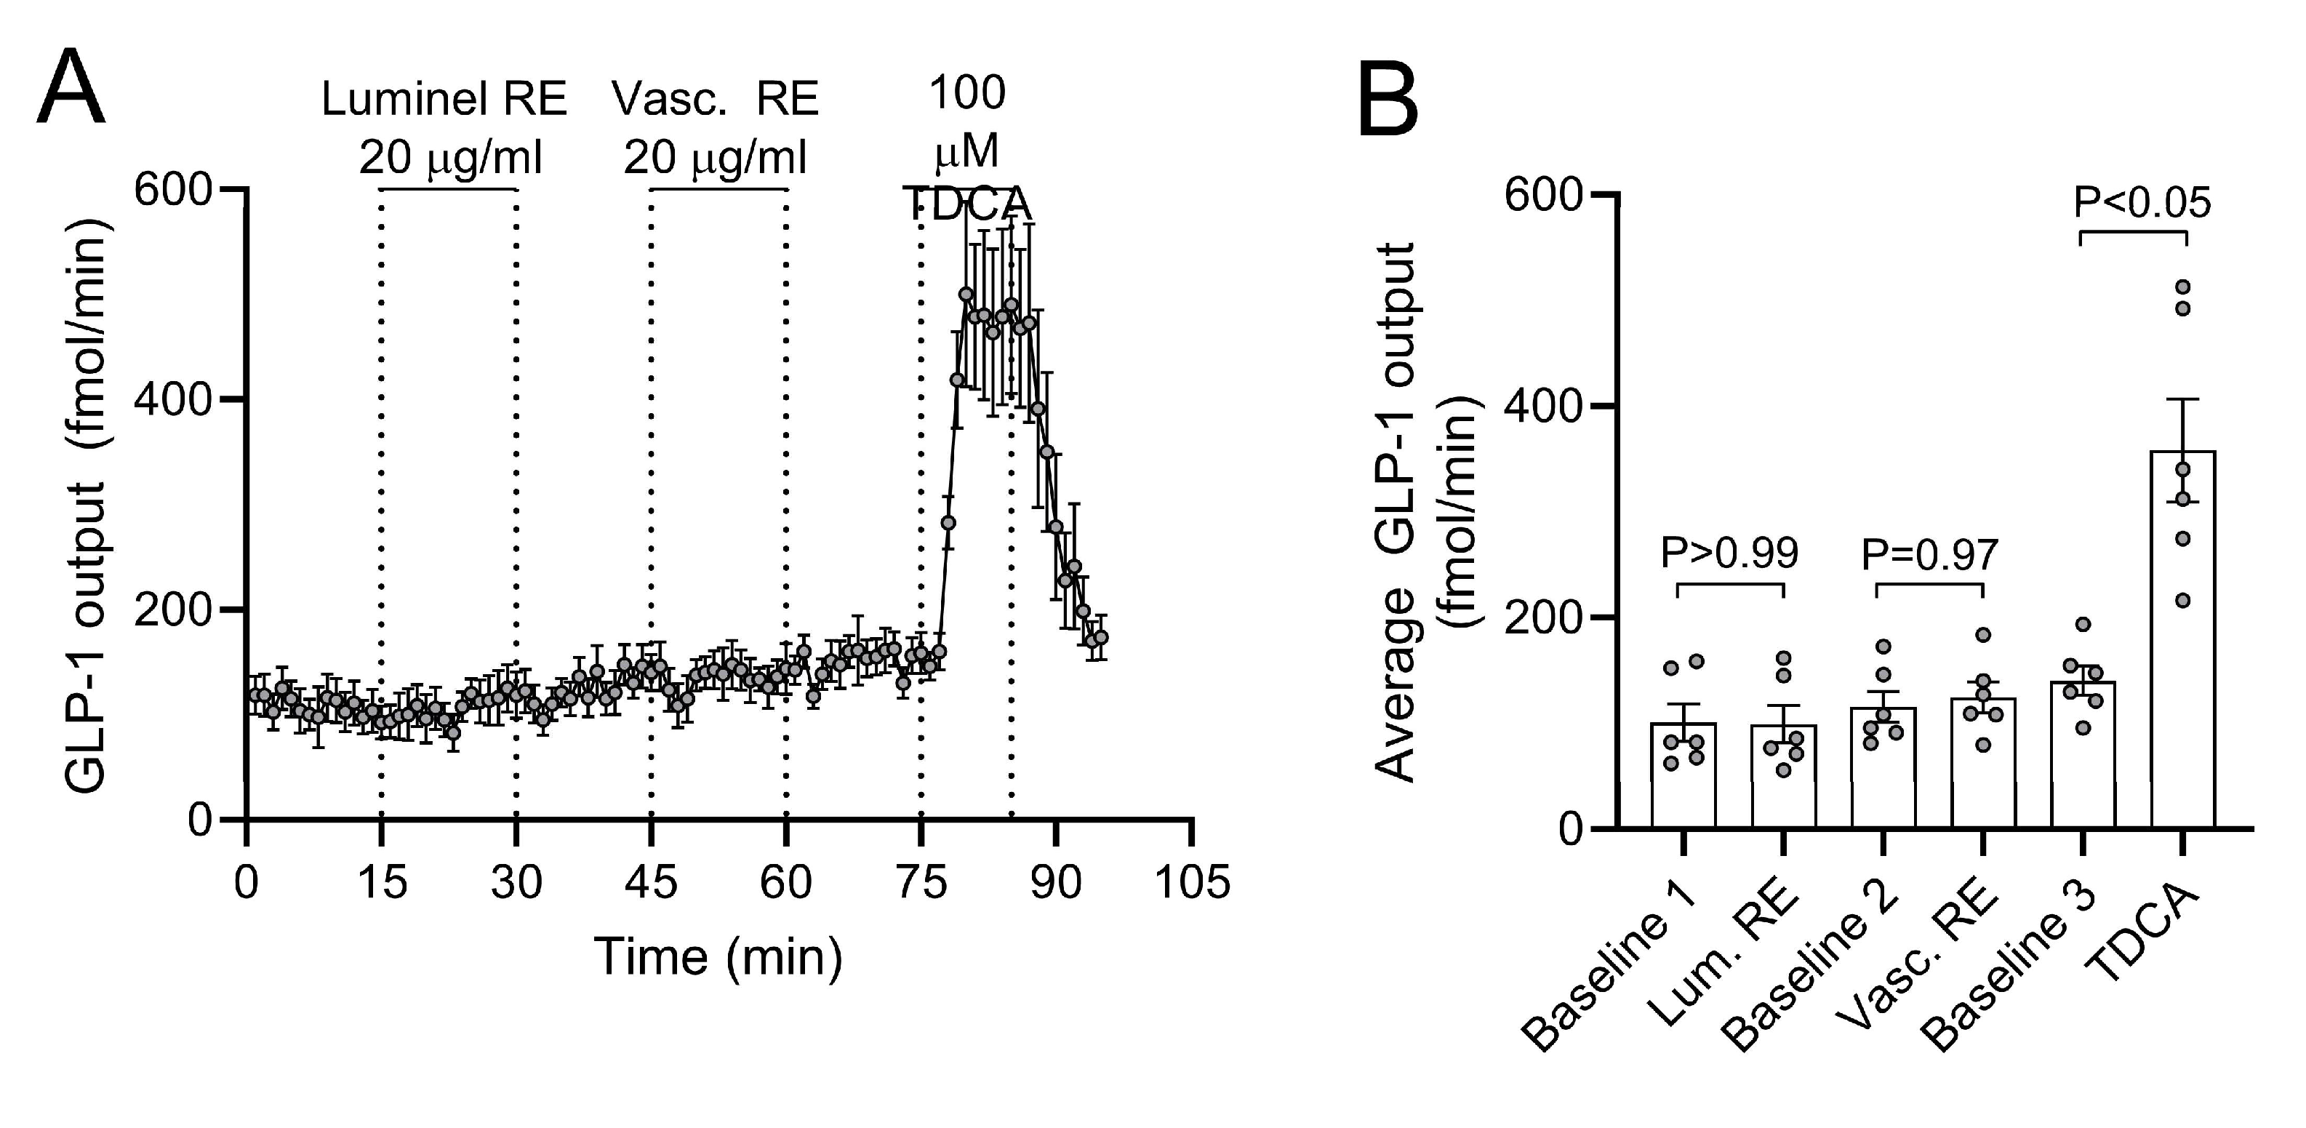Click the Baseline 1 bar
coord(1684,775)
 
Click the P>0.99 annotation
coord(1729,554)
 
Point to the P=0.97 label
coord(1929,556)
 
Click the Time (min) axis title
coord(718,957)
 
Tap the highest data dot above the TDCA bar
coord(2182,287)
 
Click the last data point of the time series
coord(1101,637)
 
